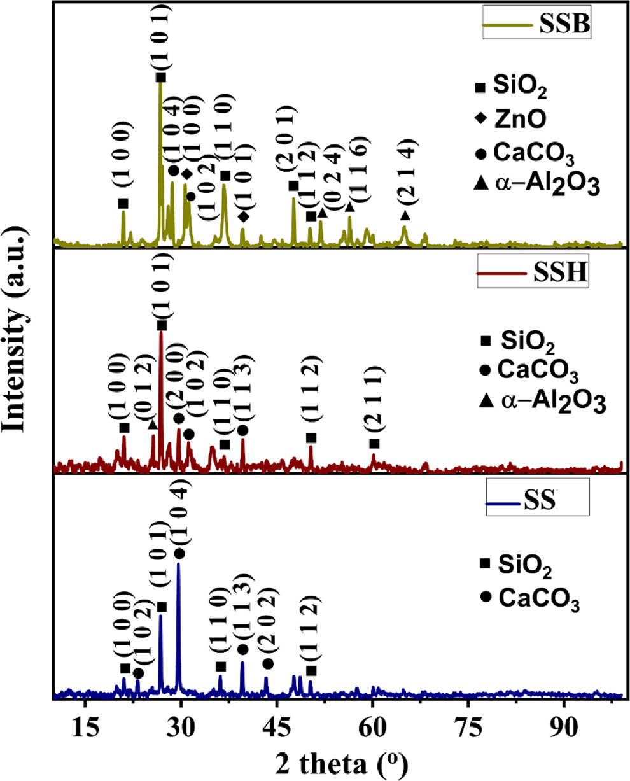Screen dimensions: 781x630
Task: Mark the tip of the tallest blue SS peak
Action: tap(179, 563)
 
